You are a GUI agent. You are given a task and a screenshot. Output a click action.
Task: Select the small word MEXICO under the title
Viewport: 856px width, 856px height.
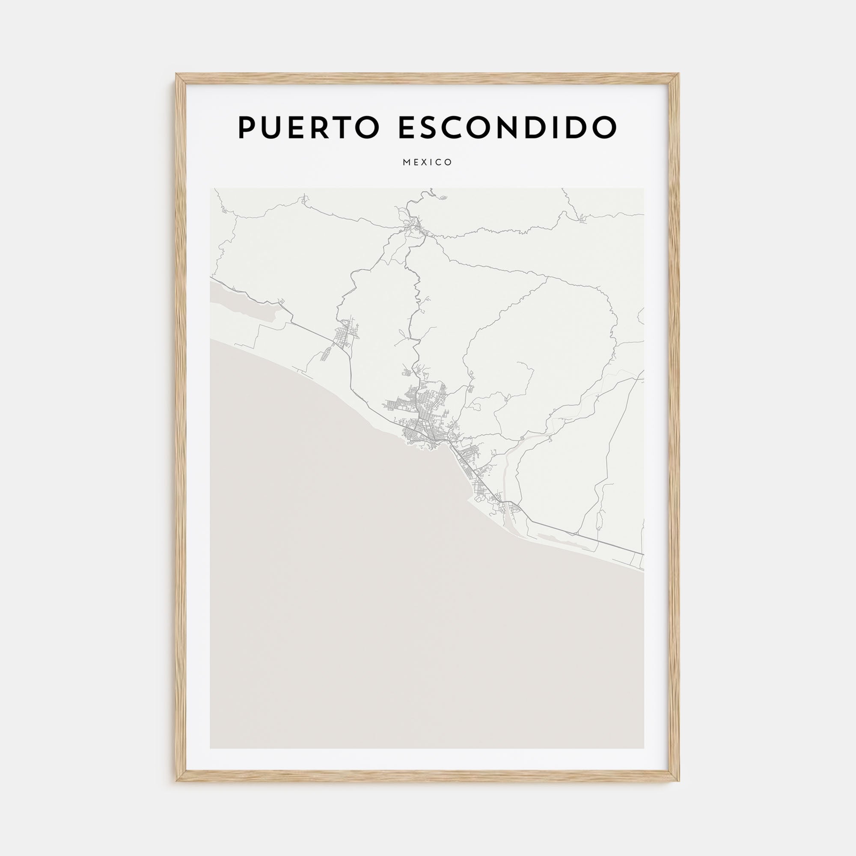[428, 162]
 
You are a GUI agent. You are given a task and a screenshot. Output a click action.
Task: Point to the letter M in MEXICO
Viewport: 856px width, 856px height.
[406, 162]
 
